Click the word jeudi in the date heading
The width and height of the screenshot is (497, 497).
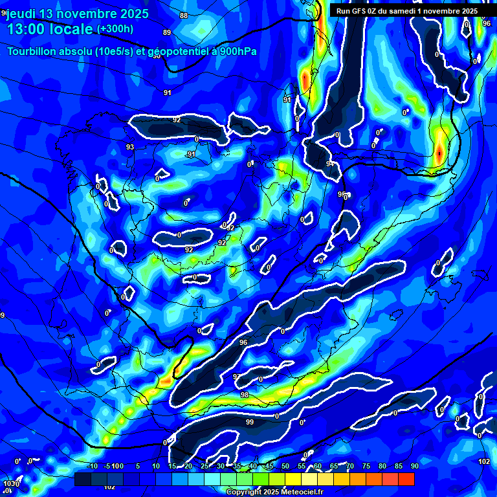tap(22, 14)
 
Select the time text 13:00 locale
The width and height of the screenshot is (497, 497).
tap(49, 29)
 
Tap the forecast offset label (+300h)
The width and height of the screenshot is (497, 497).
tap(115, 29)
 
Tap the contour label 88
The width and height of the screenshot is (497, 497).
tap(184, 16)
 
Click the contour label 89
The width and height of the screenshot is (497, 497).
tap(167, 32)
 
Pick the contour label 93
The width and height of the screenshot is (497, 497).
tap(130, 147)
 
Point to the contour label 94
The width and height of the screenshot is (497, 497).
tap(330, 164)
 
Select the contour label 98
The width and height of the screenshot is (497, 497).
tap(245, 395)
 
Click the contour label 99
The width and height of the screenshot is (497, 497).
tap(250, 422)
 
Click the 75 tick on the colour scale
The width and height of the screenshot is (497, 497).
tap(366, 467)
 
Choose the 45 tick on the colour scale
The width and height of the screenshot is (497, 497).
tap(269, 467)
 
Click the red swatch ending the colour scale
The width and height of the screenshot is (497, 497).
tap(406, 479)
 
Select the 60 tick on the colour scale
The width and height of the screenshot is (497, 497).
tap(318, 467)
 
